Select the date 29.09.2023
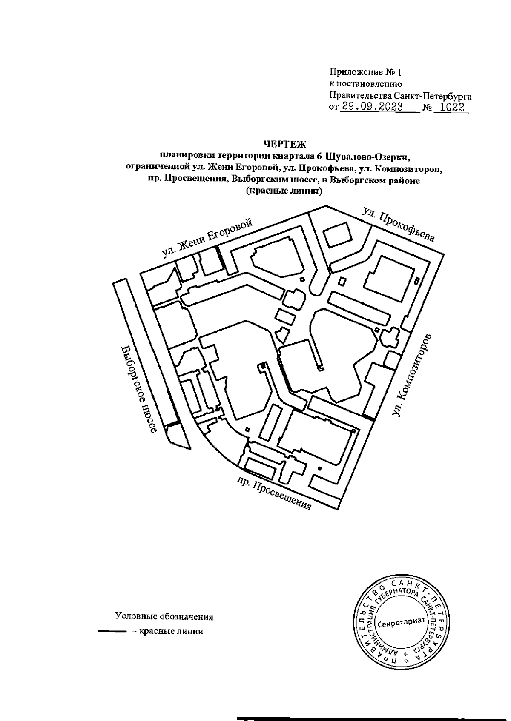pyautogui.click(x=370, y=107)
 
